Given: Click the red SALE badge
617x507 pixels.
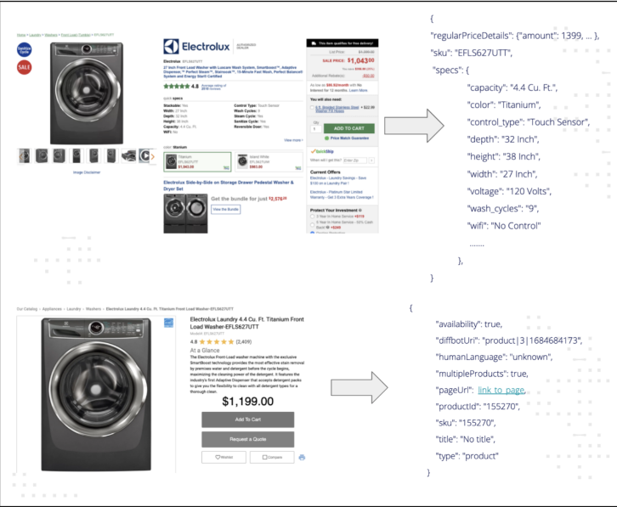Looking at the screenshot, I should click(x=24, y=67).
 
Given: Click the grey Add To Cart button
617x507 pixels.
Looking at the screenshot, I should click(x=247, y=420).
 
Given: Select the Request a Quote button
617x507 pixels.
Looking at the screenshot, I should click(x=247, y=439).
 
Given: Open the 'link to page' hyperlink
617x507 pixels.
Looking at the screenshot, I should click(x=501, y=390).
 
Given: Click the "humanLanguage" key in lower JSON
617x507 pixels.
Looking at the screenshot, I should click(x=470, y=357).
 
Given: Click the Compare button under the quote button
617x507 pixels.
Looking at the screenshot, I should click(x=270, y=458).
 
